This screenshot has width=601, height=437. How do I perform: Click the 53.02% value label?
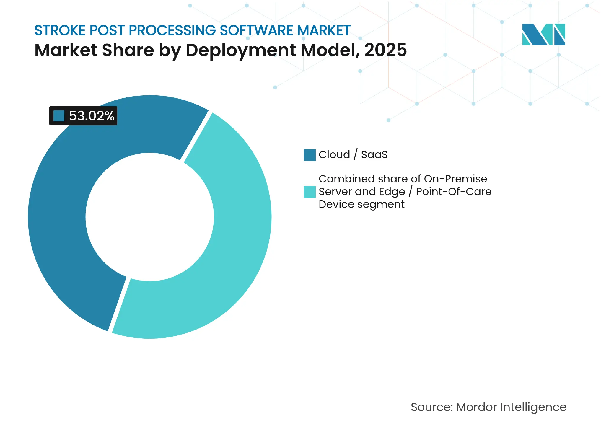coord(91,116)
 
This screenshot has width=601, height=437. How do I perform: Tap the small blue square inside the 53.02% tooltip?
coord(59,116)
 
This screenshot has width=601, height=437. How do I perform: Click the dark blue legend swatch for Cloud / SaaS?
coord(310,155)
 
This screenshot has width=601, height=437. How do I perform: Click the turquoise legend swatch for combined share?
coord(310,192)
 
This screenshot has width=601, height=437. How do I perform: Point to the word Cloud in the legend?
coord(334,155)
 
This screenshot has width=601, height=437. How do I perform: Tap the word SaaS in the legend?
coord(374,155)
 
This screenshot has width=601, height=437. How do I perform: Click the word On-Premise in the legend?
coord(455,179)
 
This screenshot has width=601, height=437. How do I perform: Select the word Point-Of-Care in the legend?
coord(454,192)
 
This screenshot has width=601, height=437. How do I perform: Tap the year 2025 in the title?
coord(385,50)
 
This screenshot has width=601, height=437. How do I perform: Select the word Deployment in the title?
coord(240,50)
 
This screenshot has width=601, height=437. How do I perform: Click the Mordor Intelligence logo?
coord(543,35)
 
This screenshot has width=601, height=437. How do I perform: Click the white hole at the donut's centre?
coord(150,217)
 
